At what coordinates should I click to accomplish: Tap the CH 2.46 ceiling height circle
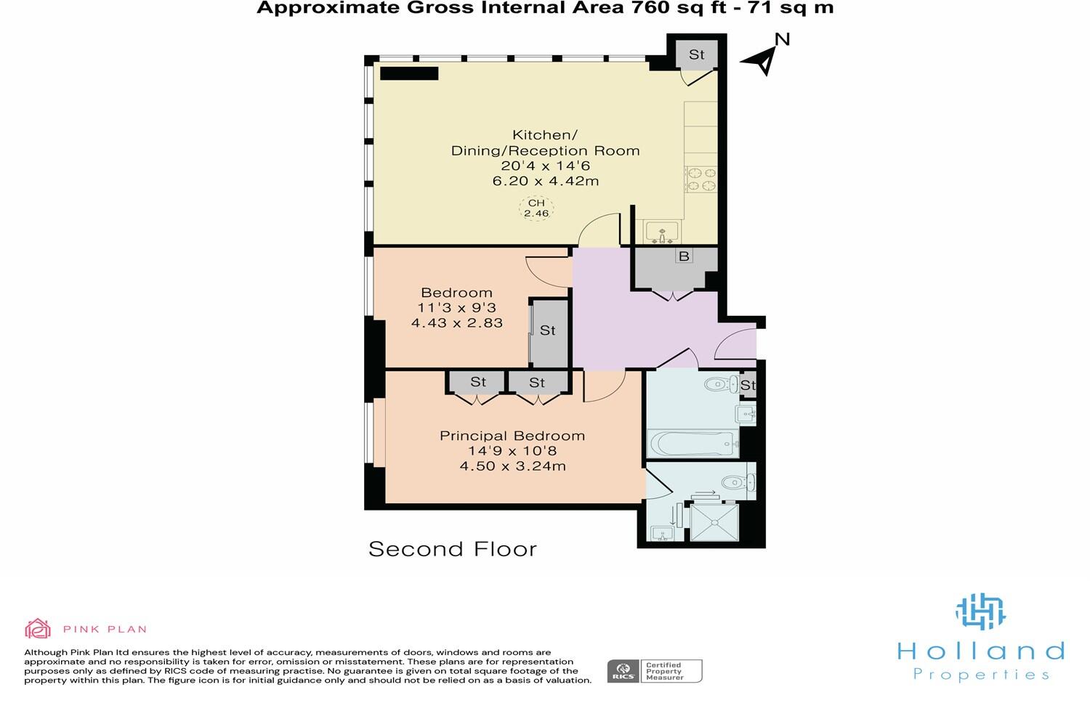(536, 208)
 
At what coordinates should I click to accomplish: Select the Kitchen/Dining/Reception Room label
(545, 143)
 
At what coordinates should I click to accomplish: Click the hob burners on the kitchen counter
(701, 179)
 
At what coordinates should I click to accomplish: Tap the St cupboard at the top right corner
(697, 54)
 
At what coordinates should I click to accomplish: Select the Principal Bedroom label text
(512, 436)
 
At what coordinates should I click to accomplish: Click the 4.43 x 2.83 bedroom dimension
(457, 323)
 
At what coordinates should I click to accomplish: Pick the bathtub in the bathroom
(693, 442)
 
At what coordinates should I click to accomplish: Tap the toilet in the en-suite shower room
(739, 481)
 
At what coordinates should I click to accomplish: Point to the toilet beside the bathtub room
(721, 384)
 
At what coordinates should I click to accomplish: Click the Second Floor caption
(452, 549)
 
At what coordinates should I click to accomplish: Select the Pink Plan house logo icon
(38, 629)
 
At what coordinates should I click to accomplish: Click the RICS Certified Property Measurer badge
(655, 671)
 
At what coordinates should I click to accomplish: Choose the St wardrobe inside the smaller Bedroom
(548, 331)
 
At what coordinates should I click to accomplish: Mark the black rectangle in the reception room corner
(409, 73)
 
